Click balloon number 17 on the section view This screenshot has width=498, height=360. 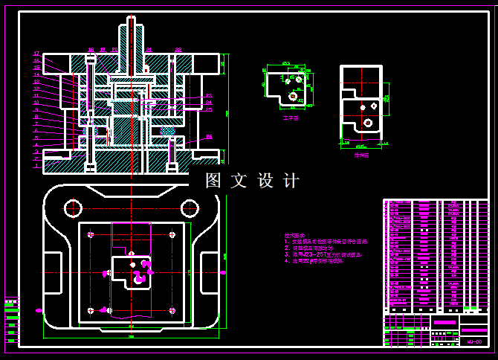click(x=36, y=54)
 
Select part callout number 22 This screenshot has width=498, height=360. click(x=178, y=49)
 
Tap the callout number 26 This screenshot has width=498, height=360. click(x=209, y=103)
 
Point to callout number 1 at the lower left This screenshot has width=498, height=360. click(x=36, y=166)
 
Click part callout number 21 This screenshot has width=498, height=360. click(x=149, y=49)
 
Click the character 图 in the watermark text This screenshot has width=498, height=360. click(x=214, y=181)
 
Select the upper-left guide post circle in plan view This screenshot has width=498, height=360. click(x=73, y=207)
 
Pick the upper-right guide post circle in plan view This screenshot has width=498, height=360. click(x=190, y=207)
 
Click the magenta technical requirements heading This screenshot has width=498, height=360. click(x=294, y=235)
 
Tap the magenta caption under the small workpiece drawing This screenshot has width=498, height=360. click(x=290, y=118)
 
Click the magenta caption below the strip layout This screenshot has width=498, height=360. click(x=361, y=155)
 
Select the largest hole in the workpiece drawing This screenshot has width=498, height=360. click(x=293, y=96)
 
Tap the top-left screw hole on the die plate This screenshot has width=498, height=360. click(x=91, y=235)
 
